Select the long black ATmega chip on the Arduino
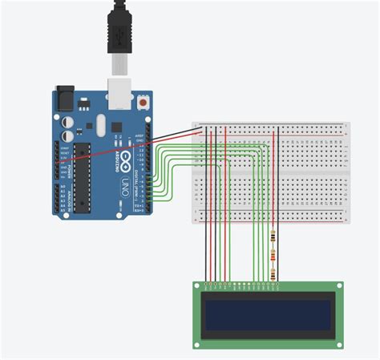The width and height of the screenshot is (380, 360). pyautogui.click(x=81, y=178)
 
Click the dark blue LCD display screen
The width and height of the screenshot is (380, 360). pyautogui.click(x=268, y=313)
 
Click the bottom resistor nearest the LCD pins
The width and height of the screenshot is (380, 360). pyautogui.click(x=275, y=274)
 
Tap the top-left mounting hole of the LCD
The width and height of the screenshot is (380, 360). pyautogui.click(x=197, y=286)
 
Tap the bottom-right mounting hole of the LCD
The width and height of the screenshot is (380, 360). pyautogui.click(x=338, y=343)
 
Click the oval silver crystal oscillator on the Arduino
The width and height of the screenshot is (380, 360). pyautogui.click(x=100, y=123)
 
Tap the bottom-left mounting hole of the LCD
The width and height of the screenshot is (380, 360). pyautogui.click(x=197, y=343)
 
